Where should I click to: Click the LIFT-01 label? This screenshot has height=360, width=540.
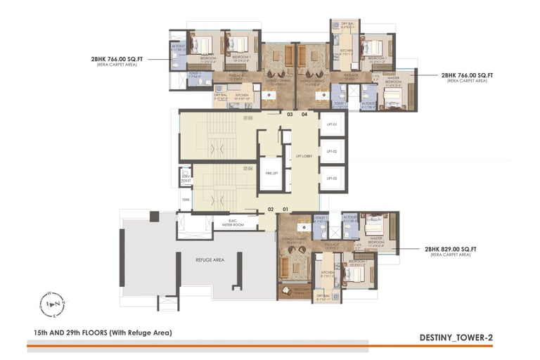333,124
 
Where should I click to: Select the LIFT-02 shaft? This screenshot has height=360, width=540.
333,151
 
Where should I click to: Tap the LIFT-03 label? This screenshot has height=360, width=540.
333,179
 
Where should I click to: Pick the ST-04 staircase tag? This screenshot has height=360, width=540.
248,169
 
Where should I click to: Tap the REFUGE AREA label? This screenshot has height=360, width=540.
210,259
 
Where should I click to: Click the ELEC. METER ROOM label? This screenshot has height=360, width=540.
231,224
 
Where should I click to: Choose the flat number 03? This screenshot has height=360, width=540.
289,114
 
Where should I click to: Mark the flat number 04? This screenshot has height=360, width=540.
304,114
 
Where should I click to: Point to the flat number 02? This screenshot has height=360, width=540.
270,209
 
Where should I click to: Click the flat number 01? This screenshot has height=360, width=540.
285,209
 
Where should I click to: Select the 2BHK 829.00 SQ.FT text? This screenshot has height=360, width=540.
451,249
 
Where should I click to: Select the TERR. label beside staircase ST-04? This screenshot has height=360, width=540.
186,200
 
